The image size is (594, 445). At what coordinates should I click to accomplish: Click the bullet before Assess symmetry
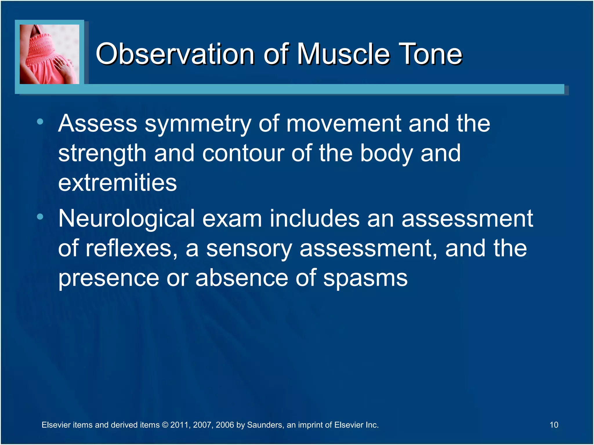click(x=40, y=122)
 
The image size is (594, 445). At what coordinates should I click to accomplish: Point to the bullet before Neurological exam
click(x=40, y=216)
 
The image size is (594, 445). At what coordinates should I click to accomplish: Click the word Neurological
click(x=126, y=219)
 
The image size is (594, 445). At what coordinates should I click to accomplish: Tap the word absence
click(x=242, y=278)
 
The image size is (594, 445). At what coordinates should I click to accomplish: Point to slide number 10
click(x=554, y=425)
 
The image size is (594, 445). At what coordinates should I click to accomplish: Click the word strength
click(x=102, y=154)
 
